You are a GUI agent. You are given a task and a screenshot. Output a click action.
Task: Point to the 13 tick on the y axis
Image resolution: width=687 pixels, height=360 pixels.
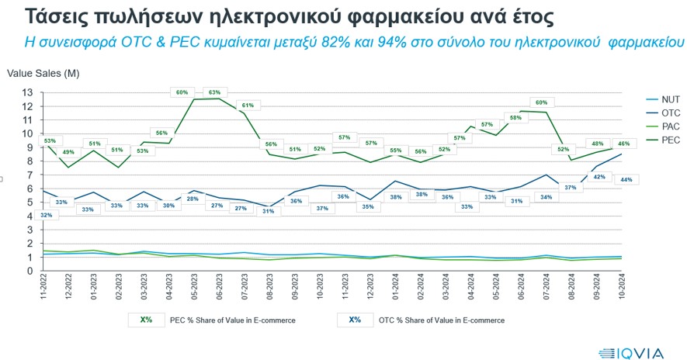point(28,92)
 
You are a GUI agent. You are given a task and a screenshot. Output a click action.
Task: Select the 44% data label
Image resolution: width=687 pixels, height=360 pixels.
point(626,179)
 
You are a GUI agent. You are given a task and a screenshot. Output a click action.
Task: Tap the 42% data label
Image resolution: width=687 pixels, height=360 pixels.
point(599,177)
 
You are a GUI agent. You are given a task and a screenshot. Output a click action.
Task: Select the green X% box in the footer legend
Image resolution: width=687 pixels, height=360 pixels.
point(146,319)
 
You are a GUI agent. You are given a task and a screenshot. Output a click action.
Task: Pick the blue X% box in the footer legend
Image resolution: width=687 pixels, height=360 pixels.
point(356,319)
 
